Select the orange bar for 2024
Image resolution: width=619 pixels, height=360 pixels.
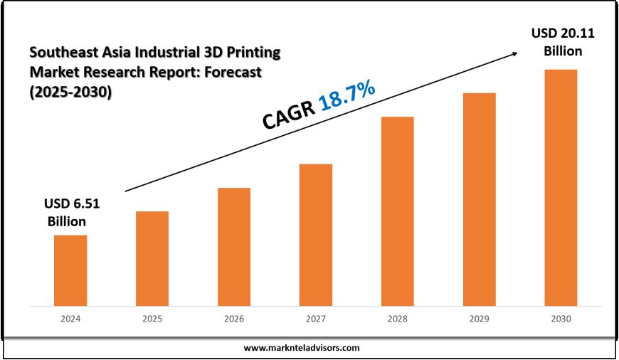70,270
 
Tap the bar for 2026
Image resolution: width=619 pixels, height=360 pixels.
234,247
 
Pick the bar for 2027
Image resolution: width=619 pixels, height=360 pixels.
316,235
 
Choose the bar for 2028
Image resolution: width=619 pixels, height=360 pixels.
397,211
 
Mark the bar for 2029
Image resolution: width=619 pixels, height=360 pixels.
479,199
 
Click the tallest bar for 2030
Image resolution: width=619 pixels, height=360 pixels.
561,188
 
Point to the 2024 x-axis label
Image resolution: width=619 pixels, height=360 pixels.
70,319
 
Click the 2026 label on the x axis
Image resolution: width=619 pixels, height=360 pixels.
234,319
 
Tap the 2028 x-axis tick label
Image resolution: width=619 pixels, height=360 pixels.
397,319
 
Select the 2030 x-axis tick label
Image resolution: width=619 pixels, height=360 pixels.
561,319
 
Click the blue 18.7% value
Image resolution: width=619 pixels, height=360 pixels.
347,95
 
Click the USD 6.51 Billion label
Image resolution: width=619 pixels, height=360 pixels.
72,212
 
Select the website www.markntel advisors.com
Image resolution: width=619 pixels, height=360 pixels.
302,348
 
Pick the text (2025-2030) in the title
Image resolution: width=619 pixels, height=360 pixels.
70,92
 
